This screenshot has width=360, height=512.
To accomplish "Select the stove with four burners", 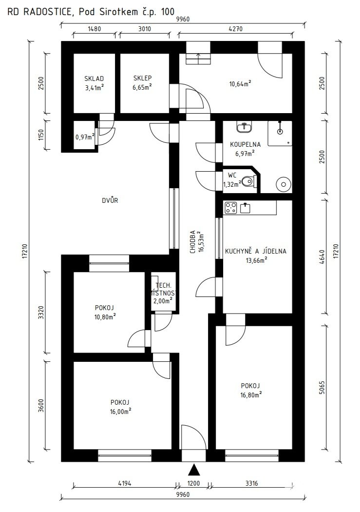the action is (231, 208).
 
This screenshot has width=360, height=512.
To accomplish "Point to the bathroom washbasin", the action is (244, 127).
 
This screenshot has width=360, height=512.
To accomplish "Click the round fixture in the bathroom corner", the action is (283, 184).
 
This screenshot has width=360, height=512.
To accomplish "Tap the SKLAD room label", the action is (94, 79).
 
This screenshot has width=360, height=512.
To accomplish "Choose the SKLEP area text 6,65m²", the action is (142, 87).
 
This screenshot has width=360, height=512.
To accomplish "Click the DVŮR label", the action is (110, 200).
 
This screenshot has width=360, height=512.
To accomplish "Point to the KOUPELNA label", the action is (245, 144).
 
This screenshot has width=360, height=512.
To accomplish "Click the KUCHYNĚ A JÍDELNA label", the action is (256, 251).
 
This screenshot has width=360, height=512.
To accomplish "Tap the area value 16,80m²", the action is (251, 395).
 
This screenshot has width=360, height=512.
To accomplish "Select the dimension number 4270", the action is (235, 29).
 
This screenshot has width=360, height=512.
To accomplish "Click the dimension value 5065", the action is (322, 387).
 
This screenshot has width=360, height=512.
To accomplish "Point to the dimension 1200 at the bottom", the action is (194, 483).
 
